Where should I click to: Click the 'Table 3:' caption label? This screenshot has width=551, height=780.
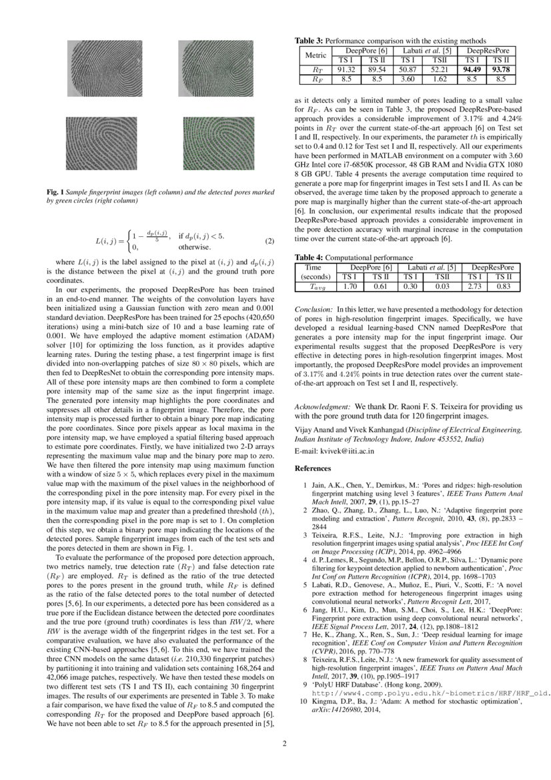tap(310, 41)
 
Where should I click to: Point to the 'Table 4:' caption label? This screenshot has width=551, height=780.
tap(310, 258)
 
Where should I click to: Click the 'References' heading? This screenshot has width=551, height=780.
tap(313, 469)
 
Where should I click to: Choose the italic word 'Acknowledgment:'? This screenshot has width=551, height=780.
tap(323, 406)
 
